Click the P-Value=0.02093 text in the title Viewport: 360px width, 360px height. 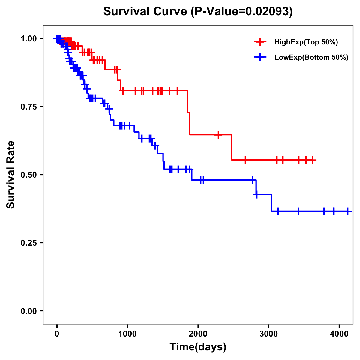(241, 11)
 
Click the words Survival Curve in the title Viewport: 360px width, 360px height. (146, 11)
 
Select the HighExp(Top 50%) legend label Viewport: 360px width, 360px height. (306, 42)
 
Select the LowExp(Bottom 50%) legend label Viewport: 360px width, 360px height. (311, 58)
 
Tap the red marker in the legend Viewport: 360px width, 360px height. (260, 42)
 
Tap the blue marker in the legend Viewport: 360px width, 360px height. (260, 57)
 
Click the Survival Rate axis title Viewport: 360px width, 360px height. (11, 175)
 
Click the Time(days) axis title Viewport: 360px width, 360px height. (198, 347)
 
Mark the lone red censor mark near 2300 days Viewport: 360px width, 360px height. (218, 135)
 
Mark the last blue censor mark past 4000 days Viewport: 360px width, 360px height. (347, 211)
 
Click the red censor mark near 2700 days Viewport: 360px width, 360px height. (245, 160)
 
